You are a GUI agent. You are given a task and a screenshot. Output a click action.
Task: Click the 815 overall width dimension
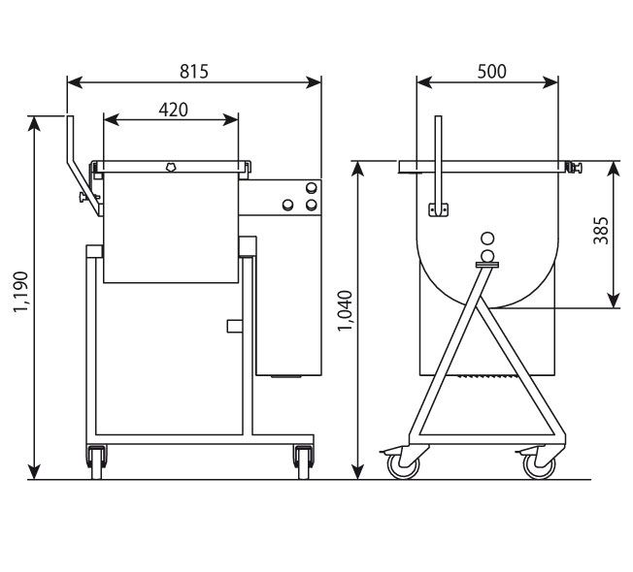point(194,71)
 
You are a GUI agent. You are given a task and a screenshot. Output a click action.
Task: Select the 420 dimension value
point(172,110)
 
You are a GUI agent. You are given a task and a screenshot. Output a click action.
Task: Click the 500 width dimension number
point(491,71)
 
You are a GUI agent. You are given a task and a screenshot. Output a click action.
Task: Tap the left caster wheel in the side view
point(401,466)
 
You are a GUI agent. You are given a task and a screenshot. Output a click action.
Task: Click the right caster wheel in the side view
point(535,466)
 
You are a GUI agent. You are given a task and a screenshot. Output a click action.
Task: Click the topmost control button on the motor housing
point(311,188)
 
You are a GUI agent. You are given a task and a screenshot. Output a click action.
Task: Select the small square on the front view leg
point(233,326)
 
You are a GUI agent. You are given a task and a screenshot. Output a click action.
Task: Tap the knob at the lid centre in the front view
point(172,167)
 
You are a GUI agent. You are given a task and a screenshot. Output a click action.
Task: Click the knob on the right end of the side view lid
point(576,168)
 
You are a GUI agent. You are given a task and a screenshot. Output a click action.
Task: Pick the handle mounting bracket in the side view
point(439,208)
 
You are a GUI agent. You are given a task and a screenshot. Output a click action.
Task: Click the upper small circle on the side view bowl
point(486,238)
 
